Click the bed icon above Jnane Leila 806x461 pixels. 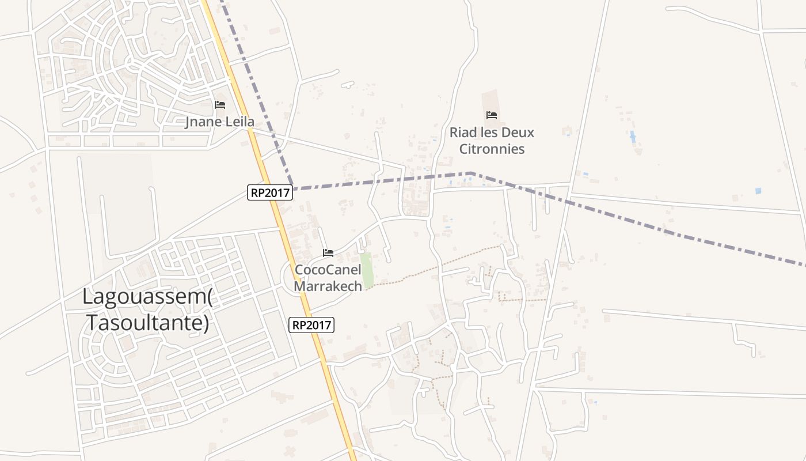[x=220, y=105]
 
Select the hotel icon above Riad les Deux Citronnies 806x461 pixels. [x=492, y=115]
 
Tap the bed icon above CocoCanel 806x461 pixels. [x=328, y=253]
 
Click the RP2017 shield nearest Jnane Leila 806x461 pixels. [x=270, y=192]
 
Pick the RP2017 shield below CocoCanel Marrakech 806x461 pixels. [x=311, y=325]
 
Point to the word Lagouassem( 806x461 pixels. [x=147, y=297]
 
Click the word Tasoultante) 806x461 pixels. [x=147, y=323]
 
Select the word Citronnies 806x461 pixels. [x=492, y=149]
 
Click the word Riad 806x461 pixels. [x=463, y=133]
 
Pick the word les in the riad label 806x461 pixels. [x=489, y=133]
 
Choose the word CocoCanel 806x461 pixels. [x=328, y=270]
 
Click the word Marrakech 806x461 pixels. [x=328, y=286]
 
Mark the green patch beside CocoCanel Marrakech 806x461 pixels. [x=367, y=269]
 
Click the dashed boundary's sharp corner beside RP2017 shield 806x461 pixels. [x=293, y=188]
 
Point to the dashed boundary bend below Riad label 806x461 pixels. [x=472, y=173]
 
